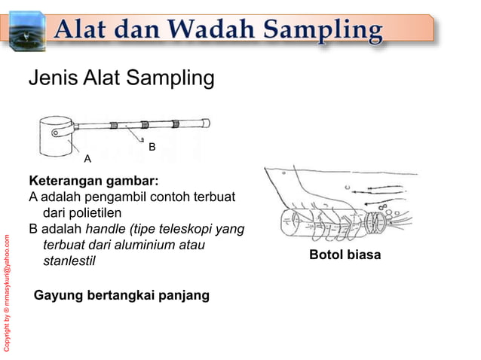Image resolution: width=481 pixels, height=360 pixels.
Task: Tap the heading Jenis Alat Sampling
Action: (121, 78)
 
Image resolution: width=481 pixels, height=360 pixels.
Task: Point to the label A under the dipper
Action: (87, 159)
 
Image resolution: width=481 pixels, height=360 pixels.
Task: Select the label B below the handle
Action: (152, 147)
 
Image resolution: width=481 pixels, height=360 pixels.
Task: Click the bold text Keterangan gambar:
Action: (93, 182)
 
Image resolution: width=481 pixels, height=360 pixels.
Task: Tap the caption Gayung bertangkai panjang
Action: (121, 294)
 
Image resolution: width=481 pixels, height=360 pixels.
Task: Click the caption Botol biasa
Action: (345, 255)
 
